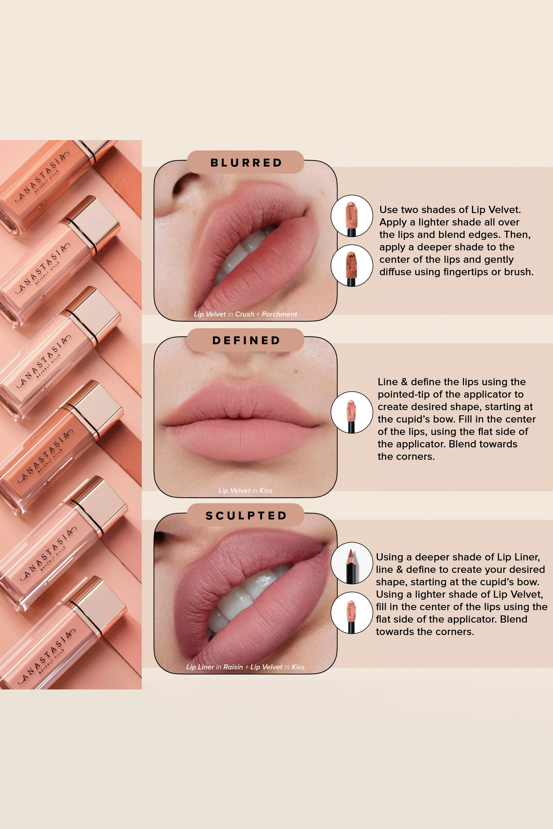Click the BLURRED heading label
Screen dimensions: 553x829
246,162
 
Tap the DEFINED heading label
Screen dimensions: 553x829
246,340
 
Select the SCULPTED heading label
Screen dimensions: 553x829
246,515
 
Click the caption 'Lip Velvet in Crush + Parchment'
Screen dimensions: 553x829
246,314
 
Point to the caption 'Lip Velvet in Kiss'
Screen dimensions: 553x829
246,490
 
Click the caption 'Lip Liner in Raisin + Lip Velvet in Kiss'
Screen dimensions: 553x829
246,667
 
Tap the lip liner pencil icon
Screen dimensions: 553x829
352,563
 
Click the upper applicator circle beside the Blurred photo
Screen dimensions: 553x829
352,216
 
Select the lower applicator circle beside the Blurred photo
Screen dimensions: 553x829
352,265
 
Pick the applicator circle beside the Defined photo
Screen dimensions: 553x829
352,412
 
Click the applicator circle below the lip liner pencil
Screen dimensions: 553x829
352,613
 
